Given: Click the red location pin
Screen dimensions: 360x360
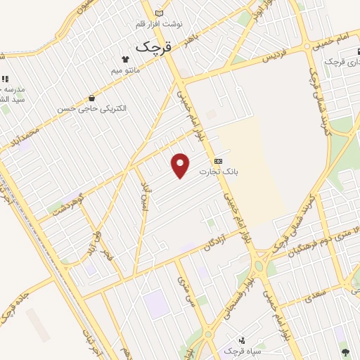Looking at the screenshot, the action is (x=181, y=165).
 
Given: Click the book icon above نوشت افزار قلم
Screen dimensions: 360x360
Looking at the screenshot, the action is (x=158, y=13).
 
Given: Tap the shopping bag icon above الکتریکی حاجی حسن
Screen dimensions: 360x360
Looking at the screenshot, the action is (x=92, y=98).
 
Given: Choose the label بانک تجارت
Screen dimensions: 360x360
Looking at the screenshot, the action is (x=219, y=171).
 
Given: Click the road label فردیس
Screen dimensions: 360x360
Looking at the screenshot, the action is (x=276, y=58).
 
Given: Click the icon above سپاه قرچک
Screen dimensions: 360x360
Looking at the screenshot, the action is (x=241, y=340).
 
